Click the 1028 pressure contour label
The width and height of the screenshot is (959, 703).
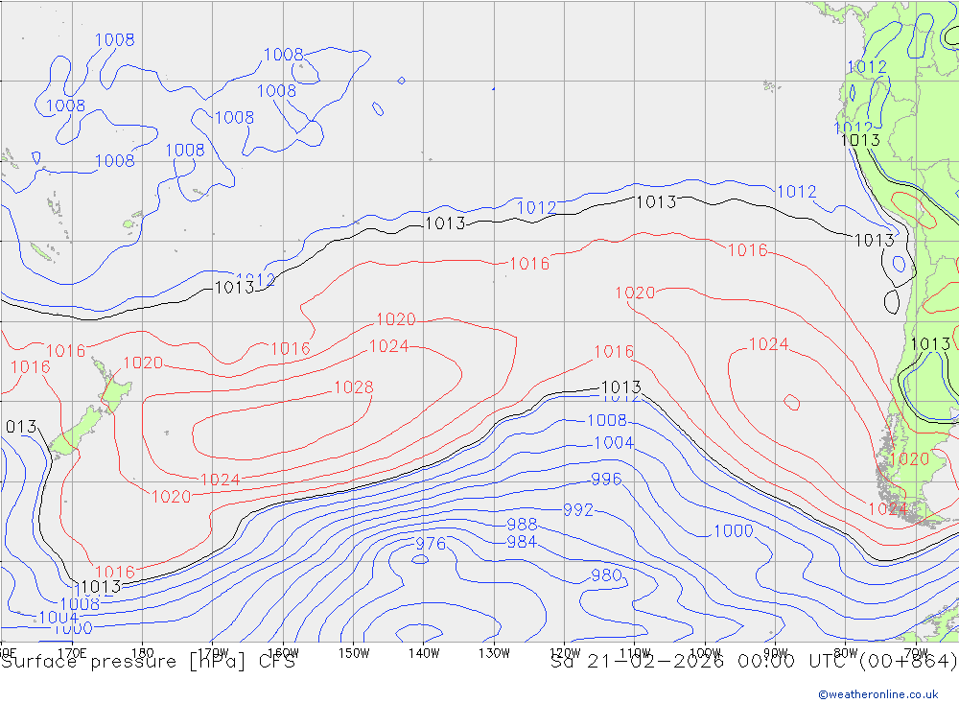click(x=353, y=387)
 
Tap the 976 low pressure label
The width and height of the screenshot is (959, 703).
click(x=431, y=544)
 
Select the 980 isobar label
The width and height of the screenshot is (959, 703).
click(x=606, y=575)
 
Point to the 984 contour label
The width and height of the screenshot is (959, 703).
click(x=522, y=542)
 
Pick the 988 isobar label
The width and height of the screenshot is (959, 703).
click(x=522, y=525)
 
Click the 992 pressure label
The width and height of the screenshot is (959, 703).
click(x=578, y=510)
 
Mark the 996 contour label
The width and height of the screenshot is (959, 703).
click(x=606, y=480)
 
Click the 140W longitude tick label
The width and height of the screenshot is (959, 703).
click(x=423, y=653)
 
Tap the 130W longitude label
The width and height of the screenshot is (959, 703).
click(x=494, y=653)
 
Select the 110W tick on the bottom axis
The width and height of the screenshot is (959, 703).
click(x=635, y=653)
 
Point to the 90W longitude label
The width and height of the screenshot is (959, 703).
click(x=775, y=653)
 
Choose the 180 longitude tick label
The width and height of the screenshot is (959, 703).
click(x=142, y=653)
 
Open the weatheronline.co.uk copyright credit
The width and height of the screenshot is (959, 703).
click(x=877, y=693)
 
